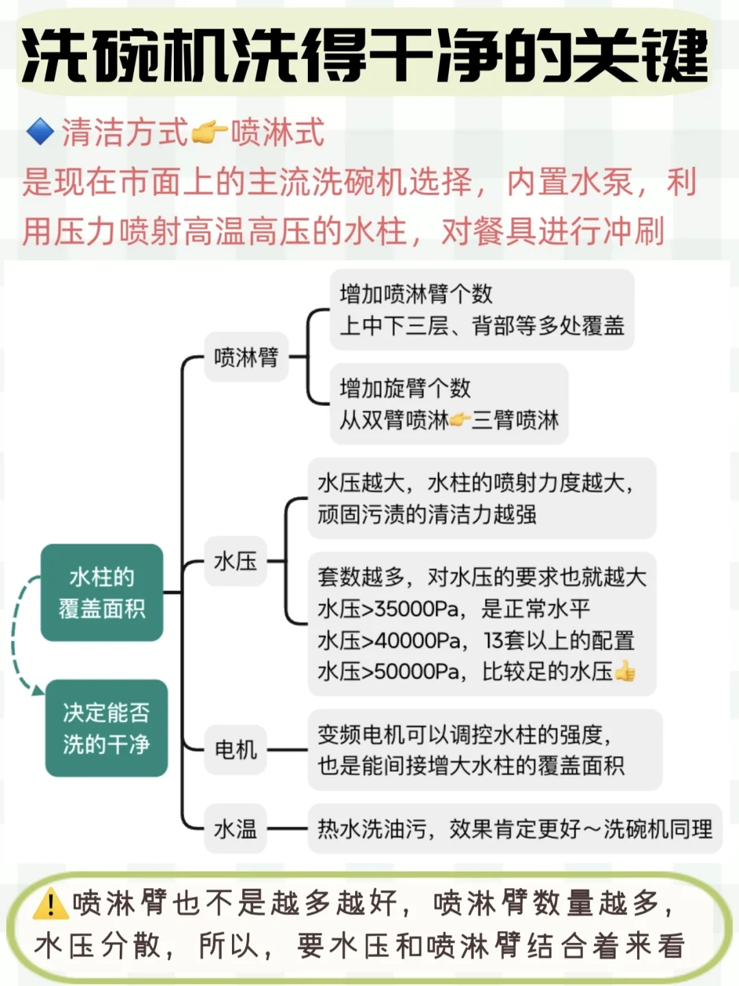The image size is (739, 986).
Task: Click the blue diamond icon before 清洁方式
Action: [x=40, y=131]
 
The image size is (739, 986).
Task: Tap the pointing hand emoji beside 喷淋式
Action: [x=209, y=131]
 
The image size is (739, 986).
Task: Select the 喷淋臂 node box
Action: [x=246, y=357]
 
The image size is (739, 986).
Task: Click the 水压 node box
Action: [x=235, y=561]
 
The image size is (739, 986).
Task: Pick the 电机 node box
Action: [x=235, y=750]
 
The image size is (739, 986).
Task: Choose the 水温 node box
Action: [x=235, y=829]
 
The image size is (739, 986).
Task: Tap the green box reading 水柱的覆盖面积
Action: [x=102, y=593]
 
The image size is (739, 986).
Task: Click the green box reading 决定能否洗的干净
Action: [x=106, y=728]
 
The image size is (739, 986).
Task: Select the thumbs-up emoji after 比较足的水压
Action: [x=625, y=672]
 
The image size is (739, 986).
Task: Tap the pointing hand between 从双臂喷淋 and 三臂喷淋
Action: [x=460, y=419]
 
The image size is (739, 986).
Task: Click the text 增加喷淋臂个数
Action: [x=416, y=294]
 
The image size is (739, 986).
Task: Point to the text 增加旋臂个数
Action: [x=405, y=388]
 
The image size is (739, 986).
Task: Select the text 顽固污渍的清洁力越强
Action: [x=427, y=514]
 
